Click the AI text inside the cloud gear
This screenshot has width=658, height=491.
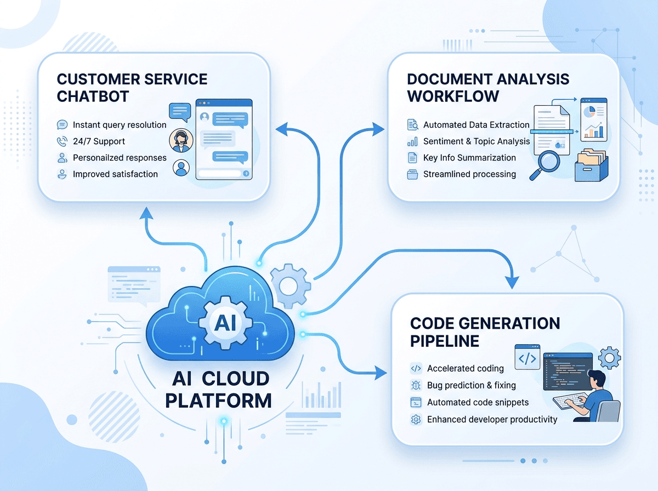coord(226,323)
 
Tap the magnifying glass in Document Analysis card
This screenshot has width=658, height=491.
coord(544,165)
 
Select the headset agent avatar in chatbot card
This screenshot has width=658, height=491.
coord(181,140)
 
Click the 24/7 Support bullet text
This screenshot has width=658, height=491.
coord(99,141)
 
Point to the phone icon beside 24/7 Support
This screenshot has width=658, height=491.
coord(62,141)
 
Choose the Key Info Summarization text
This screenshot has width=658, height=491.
coord(469,158)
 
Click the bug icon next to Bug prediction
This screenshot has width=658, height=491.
coord(416,385)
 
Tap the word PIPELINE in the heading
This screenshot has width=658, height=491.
coord(445,341)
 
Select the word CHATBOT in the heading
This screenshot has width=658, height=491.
coord(93,96)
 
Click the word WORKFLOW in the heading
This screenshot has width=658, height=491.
coord(453,96)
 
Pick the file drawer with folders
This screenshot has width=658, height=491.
coord(592,165)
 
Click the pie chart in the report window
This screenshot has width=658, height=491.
coord(589,112)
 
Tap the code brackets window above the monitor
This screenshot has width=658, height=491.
coord(527,357)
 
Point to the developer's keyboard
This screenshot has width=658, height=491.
coord(570,401)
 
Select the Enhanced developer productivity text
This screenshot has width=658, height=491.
coord(492,419)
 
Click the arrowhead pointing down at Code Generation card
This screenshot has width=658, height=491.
coord(512,282)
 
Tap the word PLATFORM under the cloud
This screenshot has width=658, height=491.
coord(219,401)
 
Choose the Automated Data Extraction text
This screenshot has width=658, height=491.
coord(477,124)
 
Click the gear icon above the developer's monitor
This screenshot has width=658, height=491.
coord(609,358)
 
